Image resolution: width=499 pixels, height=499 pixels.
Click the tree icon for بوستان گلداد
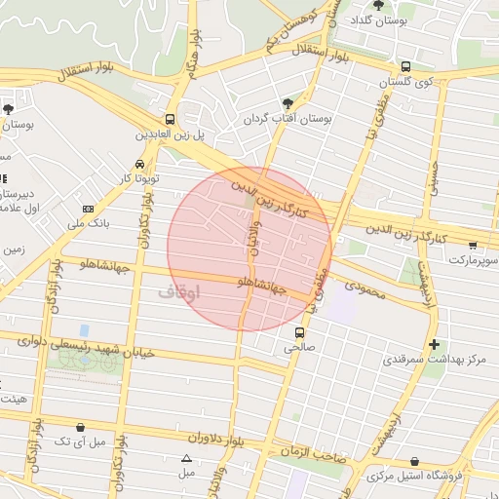pos(379,5)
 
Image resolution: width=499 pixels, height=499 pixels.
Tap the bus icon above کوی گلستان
pos(405,67)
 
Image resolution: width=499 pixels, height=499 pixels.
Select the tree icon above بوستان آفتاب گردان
pos(287,102)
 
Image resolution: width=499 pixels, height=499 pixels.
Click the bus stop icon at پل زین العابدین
pos(170,118)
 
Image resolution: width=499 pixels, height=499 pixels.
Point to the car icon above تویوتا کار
pos(142,164)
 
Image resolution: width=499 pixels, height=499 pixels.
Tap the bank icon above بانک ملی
pos(89,210)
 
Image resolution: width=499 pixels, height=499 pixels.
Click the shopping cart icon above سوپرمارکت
pos(473,246)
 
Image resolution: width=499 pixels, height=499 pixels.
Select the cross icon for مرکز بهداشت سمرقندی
pos(434,344)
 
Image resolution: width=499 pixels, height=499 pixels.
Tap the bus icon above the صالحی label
pos(299,331)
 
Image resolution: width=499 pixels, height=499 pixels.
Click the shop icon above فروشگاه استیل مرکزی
pos(416,461)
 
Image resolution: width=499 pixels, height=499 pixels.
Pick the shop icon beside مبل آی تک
pos(81,427)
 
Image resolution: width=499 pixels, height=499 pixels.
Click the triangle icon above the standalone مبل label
pos(186,458)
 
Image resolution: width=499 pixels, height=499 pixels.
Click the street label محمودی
pos(366,288)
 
